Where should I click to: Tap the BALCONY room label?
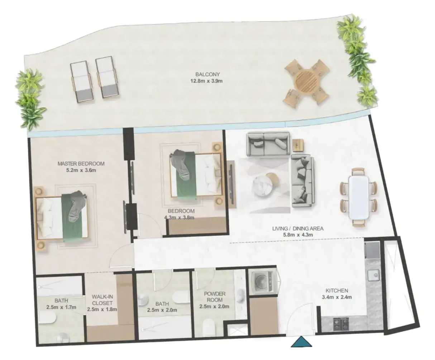coord(207,74)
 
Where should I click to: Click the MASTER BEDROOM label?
coord(81,164)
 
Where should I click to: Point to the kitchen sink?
coord(373,275)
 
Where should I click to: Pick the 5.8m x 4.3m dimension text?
coord(298,235)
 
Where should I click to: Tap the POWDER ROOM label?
coord(215,297)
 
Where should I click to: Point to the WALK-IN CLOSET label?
coord(102,300)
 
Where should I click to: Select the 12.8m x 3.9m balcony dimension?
coord(206,81)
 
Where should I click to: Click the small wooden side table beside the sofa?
coord(297,145)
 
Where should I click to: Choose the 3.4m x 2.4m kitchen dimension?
coord(337,297)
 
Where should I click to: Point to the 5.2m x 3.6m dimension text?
coord(81,170)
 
